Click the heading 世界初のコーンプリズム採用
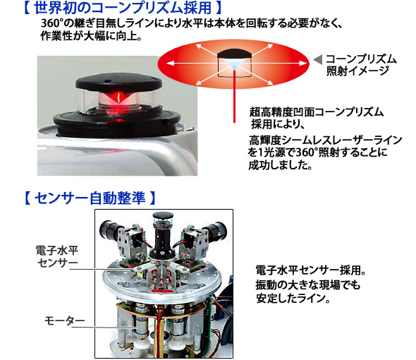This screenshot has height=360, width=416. pos(122,8)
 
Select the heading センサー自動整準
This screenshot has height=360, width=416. pos(90,198)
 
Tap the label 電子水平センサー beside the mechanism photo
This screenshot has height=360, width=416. pos(57,256)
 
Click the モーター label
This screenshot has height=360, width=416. pos(64,320)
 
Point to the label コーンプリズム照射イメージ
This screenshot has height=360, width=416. pos(361,65)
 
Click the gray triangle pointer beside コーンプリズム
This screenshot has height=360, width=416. pos(318,59)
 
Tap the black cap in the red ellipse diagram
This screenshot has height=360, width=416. pos(234,54)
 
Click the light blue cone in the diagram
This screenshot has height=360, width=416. pos(234,64)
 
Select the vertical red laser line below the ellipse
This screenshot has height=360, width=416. pos(234,97)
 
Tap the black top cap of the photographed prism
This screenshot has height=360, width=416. pos(118,83)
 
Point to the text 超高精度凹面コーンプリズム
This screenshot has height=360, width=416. pos(317,112)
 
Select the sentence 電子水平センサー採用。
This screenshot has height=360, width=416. pos(311,270)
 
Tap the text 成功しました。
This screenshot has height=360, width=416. pos(280,165)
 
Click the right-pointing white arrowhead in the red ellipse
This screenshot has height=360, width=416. pos(303,64)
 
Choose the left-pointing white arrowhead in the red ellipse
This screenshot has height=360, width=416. pos(171,64)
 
